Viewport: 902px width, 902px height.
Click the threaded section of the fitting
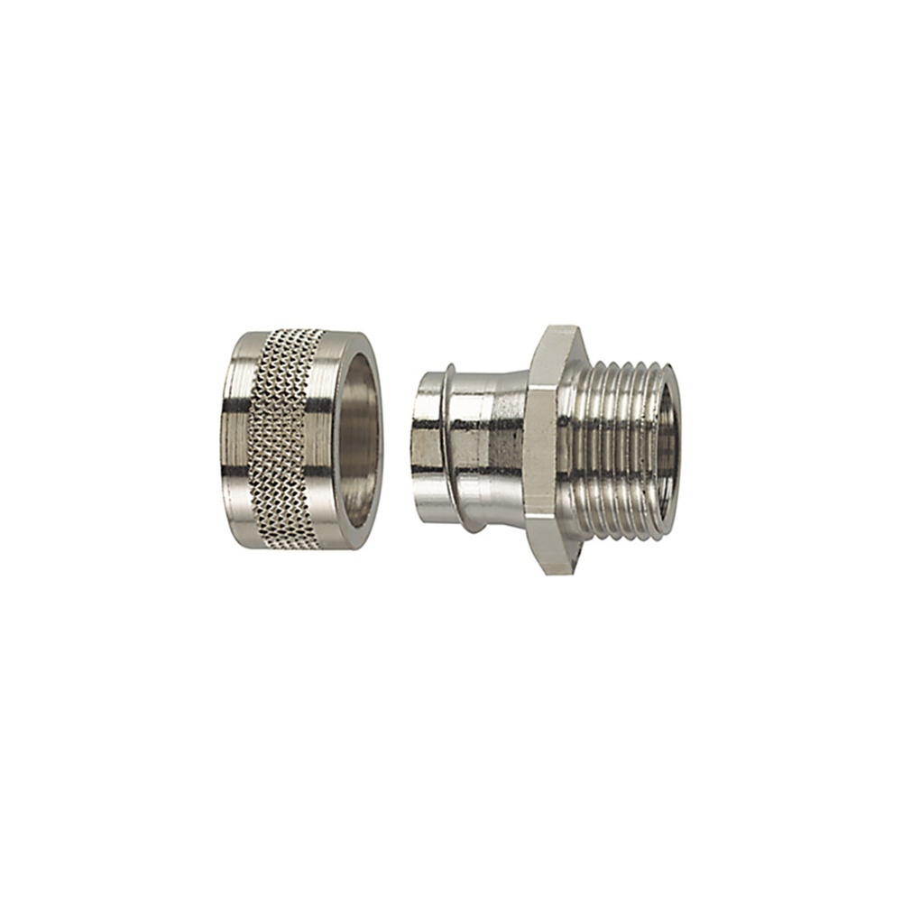pos(613,442)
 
